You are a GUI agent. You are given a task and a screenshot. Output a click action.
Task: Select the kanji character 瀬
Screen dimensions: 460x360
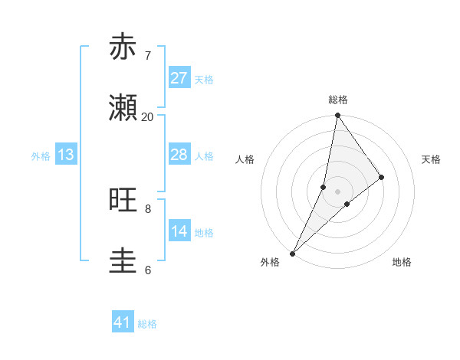[x=123, y=109]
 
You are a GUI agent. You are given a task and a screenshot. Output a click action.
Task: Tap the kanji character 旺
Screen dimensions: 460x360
[x=123, y=201]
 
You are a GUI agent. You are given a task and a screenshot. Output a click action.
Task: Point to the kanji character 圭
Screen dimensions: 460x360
[x=123, y=262]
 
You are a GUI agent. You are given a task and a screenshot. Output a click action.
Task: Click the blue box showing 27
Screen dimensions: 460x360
[x=179, y=78]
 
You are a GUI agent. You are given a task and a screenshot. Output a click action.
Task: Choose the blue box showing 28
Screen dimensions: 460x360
[x=179, y=155]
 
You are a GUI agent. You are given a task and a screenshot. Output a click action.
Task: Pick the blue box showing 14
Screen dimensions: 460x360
[x=179, y=231]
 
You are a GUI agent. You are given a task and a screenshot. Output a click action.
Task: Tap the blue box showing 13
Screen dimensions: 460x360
[x=66, y=155]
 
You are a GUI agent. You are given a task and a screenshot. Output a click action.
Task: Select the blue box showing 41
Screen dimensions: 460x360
[x=123, y=322]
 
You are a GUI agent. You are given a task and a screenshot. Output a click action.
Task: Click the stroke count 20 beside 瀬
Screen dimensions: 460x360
[x=147, y=117]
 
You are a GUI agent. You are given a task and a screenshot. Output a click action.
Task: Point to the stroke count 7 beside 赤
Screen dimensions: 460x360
[x=147, y=55]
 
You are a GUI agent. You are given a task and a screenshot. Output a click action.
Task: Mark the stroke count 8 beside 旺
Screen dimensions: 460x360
[x=147, y=208]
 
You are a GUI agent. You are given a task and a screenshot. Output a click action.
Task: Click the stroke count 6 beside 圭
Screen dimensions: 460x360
[x=147, y=270]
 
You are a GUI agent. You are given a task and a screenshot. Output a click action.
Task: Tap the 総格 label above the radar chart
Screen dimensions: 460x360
[x=338, y=100]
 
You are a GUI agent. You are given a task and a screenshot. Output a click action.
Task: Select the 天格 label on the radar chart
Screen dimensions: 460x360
[x=431, y=159]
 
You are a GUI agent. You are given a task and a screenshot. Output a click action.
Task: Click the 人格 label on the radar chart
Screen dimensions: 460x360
[x=245, y=159]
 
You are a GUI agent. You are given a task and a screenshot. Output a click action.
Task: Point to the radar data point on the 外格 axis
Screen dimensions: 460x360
[x=292, y=253]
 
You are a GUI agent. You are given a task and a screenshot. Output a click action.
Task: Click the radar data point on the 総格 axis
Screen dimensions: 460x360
[x=337, y=116]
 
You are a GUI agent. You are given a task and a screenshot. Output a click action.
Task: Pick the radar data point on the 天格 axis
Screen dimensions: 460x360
[x=382, y=177]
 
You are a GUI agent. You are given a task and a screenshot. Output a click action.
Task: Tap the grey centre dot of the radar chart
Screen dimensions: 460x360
[x=337, y=191]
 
